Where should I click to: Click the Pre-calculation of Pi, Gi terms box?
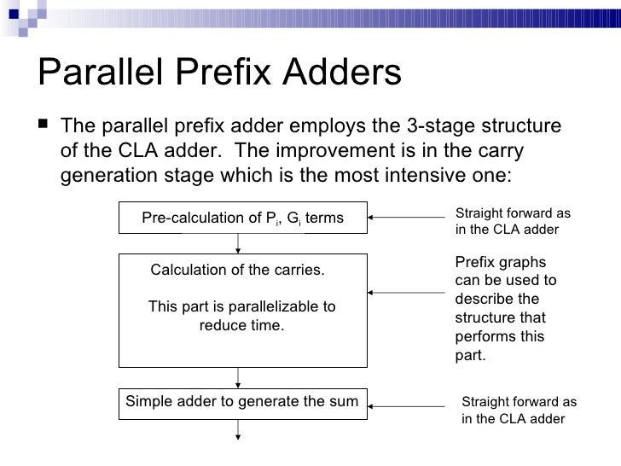242,218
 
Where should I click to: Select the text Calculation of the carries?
237,271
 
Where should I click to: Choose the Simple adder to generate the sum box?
243,401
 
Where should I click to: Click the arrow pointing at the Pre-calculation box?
408,218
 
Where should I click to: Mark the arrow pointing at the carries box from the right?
408,294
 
